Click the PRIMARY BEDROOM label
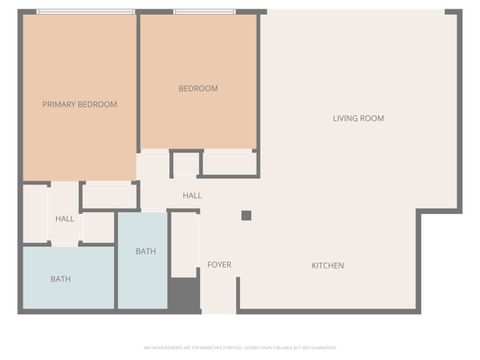(79, 104)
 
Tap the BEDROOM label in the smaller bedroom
(198, 88)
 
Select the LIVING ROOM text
(358, 118)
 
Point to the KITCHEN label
(327, 265)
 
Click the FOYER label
(219, 265)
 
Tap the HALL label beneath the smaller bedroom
(192, 195)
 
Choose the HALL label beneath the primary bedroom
(65, 218)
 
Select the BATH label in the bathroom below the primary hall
(60, 278)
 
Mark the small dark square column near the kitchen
(246, 215)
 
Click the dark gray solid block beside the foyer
(183, 295)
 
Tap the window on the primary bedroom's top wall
(85, 12)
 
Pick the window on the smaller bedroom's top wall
(204, 12)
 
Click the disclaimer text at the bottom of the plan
(240, 348)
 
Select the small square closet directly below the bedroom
(185, 164)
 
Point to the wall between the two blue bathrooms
(116, 275)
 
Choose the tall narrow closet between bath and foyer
(184, 243)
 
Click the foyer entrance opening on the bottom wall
(219, 311)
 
